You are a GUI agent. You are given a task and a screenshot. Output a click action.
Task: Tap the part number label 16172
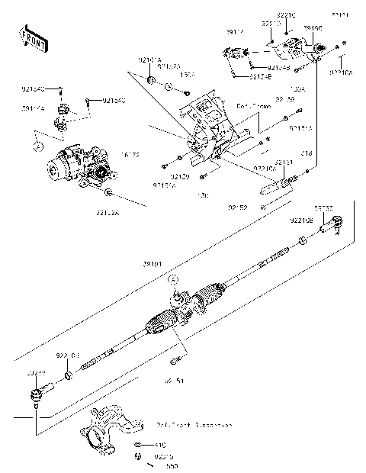(x=130, y=154)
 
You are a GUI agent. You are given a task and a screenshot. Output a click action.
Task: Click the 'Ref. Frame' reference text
(x=252, y=108)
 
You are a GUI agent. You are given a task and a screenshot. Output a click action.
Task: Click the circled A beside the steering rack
(x=175, y=279)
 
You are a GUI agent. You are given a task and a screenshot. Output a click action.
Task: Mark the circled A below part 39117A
(x=36, y=142)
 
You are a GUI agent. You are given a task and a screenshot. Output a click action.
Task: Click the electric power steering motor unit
(x=75, y=164)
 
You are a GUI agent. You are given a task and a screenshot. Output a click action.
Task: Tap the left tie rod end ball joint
(x=36, y=394)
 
